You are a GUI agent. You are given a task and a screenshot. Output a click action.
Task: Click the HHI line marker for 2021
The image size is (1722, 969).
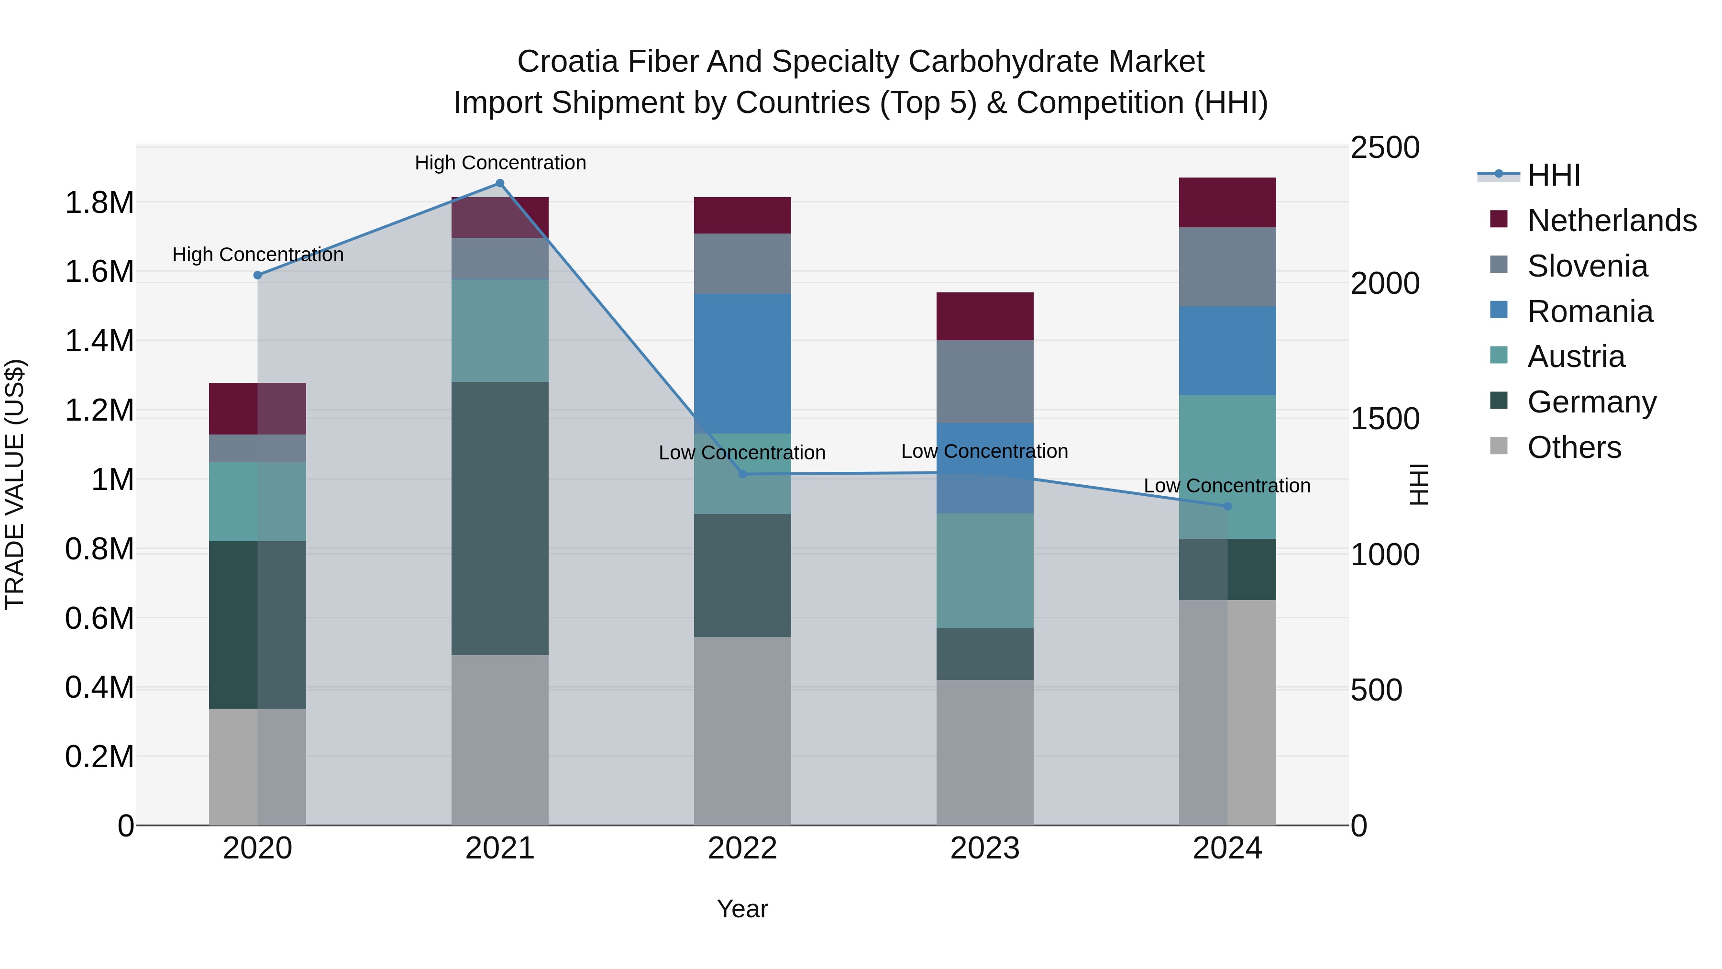[499, 183]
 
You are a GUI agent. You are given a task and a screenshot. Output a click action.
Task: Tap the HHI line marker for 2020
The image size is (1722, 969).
[257, 275]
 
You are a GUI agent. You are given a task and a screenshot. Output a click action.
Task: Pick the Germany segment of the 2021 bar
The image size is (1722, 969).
[499, 518]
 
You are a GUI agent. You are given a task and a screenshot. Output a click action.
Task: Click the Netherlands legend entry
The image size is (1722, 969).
[1611, 221]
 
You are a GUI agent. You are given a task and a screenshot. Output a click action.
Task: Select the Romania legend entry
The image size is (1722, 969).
[1590, 312]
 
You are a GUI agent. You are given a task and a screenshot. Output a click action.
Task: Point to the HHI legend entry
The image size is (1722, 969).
[1554, 175]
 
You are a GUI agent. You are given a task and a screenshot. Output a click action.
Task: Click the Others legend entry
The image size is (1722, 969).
[1574, 447]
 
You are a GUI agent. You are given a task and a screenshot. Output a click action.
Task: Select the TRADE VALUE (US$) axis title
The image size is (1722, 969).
[15, 484]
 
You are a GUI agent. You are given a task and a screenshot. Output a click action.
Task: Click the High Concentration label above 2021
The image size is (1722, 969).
[500, 163]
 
